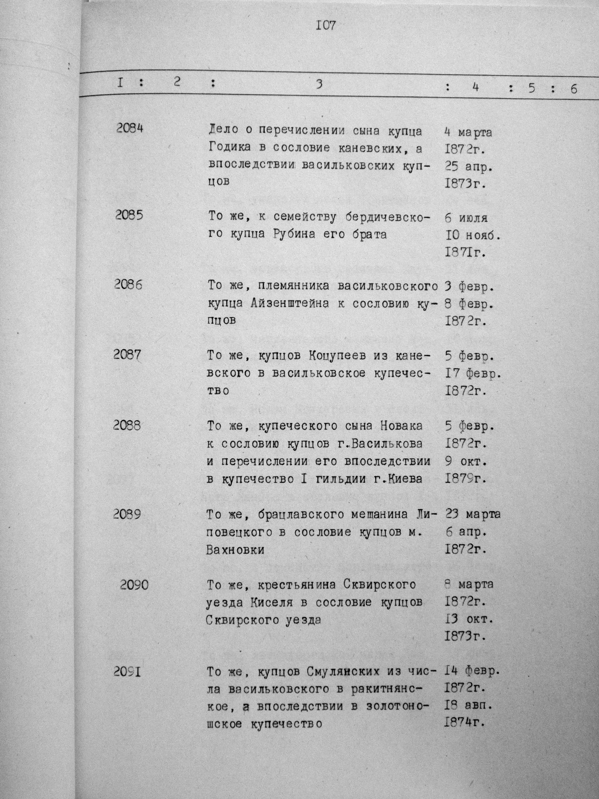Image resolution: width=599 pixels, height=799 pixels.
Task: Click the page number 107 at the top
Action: pyautogui.click(x=326, y=25)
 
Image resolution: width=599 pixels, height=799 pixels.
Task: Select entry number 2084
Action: pyautogui.click(x=130, y=128)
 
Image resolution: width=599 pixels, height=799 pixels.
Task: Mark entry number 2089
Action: pyautogui.click(x=126, y=514)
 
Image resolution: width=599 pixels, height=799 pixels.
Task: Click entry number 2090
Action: pyautogui.click(x=134, y=584)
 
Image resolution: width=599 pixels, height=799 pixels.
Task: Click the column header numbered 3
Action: pyautogui.click(x=319, y=84)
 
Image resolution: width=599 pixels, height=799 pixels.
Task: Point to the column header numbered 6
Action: pyautogui.click(x=574, y=89)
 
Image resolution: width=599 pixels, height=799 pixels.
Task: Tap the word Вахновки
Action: pyautogui.click(x=235, y=550)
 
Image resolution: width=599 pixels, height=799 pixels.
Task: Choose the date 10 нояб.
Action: pyautogui.click(x=472, y=236)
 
